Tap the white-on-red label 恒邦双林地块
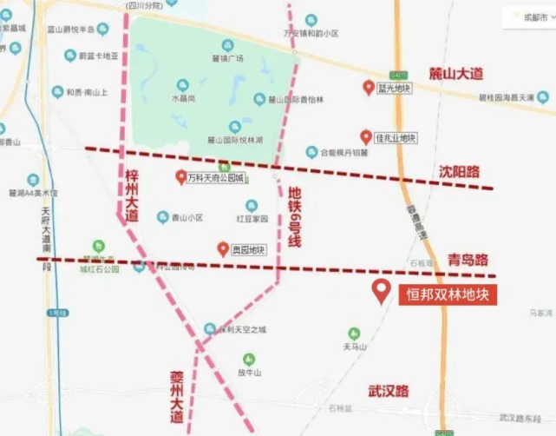pyautogui.click(x=448, y=295)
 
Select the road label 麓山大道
pyautogui.click(x=456, y=75)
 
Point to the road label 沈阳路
pyautogui.click(x=459, y=172)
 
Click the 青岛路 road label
pyautogui.click(x=468, y=259)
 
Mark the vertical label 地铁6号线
pyautogui.click(x=294, y=218)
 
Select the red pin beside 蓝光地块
pyautogui.click(x=369, y=87)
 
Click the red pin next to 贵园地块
pyautogui.click(x=223, y=248)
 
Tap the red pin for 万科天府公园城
pyautogui.click(x=180, y=176)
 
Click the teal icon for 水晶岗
pyautogui.click(x=182, y=85)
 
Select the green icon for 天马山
pyautogui.click(x=353, y=334)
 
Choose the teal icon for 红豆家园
pyautogui.click(x=252, y=206)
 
